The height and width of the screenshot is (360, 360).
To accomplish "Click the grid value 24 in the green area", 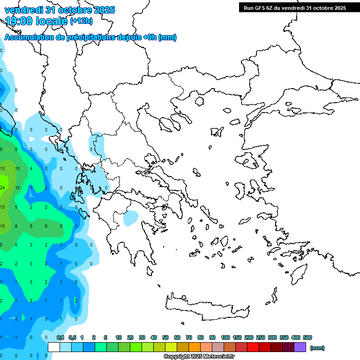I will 2,188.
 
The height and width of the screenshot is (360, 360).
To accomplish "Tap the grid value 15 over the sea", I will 2,226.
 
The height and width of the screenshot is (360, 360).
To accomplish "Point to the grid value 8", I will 17,226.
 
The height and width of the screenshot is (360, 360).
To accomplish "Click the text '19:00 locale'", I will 37,21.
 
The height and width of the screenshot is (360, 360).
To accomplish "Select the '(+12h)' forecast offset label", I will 81,21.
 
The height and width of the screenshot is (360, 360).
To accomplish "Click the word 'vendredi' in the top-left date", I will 22,10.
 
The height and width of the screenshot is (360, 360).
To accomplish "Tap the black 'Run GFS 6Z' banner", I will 294,8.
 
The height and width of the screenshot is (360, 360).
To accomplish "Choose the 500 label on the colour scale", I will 307,337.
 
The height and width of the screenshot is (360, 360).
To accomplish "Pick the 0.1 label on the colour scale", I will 60,337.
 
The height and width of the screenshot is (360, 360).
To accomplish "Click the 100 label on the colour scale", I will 225,337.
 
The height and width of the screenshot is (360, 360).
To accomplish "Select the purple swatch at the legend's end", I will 300,347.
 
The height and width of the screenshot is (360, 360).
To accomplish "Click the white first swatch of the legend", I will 54,347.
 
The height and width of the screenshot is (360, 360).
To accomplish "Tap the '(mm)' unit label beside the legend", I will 317,348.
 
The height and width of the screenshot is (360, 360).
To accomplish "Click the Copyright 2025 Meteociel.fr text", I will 199,357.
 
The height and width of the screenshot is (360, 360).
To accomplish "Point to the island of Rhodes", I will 298,274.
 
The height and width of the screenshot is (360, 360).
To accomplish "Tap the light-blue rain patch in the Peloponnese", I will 131,217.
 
